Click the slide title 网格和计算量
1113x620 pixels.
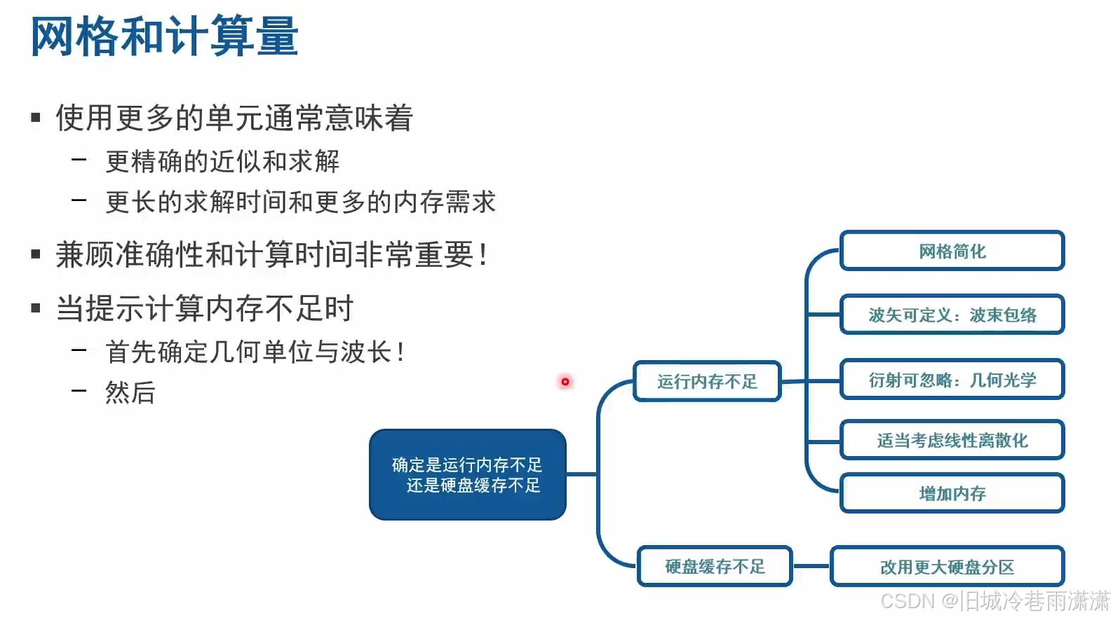coord(165,36)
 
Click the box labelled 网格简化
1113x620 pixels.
coord(952,251)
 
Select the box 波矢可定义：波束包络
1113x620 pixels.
coord(952,315)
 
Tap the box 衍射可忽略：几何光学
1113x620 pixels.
coord(952,380)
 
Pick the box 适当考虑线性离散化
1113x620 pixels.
coord(952,440)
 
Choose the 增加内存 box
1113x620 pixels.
coord(952,493)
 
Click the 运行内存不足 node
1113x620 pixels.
coord(707,381)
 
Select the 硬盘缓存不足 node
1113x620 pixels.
coord(715,566)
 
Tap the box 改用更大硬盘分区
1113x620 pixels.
coord(947,567)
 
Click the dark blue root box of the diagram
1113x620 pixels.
coord(468,474)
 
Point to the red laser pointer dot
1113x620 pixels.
coord(565,382)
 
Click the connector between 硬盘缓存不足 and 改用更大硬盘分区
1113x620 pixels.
coord(811,566)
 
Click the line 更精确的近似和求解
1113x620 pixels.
coord(222,161)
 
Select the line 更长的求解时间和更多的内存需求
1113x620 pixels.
coord(300,202)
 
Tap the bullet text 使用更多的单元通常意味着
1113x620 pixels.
coord(234,117)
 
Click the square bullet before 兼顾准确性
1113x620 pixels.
coord(36,254)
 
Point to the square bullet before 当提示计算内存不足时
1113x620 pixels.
coord(36,308)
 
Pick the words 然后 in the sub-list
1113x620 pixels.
coord(130,392)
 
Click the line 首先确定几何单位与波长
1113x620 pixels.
coord(254,351)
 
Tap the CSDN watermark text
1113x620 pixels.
coord(994,601)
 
